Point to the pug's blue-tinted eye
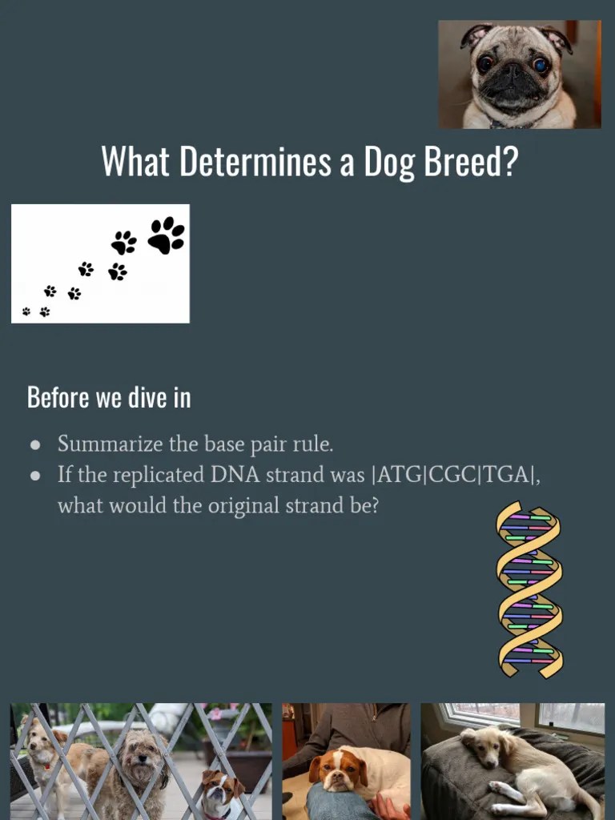click(x=542, y=65)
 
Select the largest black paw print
click(x=166, y=235)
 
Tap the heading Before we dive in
click(x=109, y=397)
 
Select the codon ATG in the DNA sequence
click(x=399, y=475)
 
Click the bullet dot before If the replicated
click(x=35, y=476)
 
